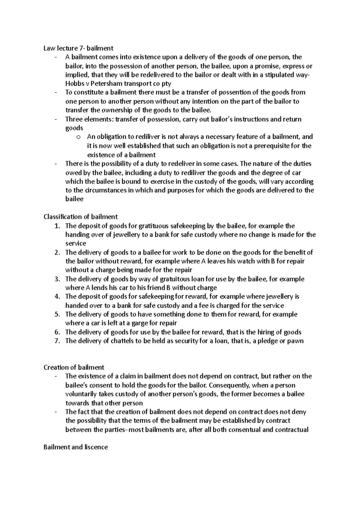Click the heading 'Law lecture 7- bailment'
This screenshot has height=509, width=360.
[78, 48]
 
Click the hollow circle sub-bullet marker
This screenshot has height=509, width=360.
[78, 138]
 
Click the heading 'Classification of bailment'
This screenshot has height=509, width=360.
[80, 217]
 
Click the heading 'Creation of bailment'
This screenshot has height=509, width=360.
[74, 368]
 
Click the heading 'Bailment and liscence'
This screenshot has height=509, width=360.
[76, 447]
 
